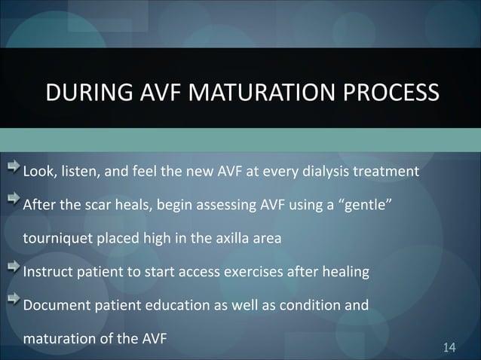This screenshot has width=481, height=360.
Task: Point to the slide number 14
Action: coord(450,346)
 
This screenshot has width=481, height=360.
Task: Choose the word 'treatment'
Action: coord(388,171)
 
